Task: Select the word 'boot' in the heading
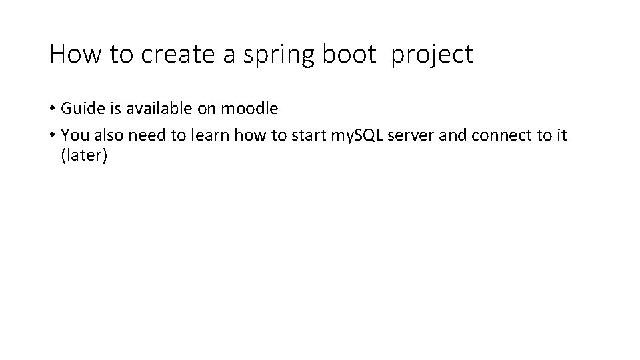(349, 53)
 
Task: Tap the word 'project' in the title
(433, 55)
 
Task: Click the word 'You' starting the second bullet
(74, 135)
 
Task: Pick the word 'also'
(108, 135)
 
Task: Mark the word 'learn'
(209, 135)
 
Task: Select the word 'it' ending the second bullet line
(561, 135)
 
